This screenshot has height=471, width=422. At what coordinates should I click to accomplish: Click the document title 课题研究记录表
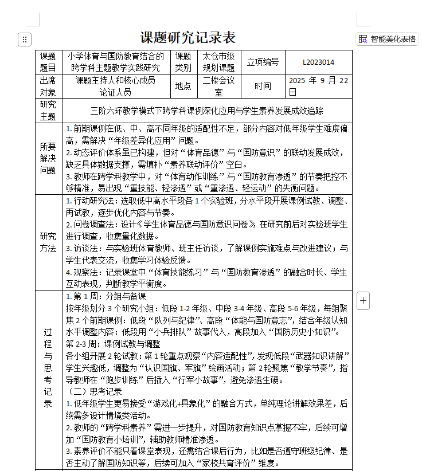tap(188, 38)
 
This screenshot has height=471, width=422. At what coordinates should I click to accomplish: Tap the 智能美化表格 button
tap(388, 39)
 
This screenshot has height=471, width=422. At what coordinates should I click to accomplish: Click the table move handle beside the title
tap(24, 40)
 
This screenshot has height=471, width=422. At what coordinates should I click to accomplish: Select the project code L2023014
tap(318, 62)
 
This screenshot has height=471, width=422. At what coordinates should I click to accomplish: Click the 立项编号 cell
tap(263, 62)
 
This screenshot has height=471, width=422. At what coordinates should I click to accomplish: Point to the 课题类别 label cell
tap(183, 62)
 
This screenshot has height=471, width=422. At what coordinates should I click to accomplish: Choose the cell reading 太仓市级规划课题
tap(218, 62)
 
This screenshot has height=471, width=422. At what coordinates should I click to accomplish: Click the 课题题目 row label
tap(48, 62)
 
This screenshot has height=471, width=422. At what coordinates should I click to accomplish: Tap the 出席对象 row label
tap(48, 86)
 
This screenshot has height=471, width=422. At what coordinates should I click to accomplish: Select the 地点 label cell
tap(183, 86)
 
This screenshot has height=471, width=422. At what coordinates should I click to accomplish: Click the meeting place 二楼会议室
tap(218, 86)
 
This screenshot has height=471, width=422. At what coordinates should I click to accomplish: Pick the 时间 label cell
tap(263, 86)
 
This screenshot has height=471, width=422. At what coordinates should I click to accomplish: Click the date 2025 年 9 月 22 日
tap(318, 86)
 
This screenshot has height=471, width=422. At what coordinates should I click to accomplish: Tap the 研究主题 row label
tap(48, 110)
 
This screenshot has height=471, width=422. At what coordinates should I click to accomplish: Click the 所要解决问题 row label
tap(48, 158)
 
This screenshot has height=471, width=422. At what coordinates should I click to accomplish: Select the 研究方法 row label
tap(48, 242)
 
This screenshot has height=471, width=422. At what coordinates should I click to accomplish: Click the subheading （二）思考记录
tap(95, 391)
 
